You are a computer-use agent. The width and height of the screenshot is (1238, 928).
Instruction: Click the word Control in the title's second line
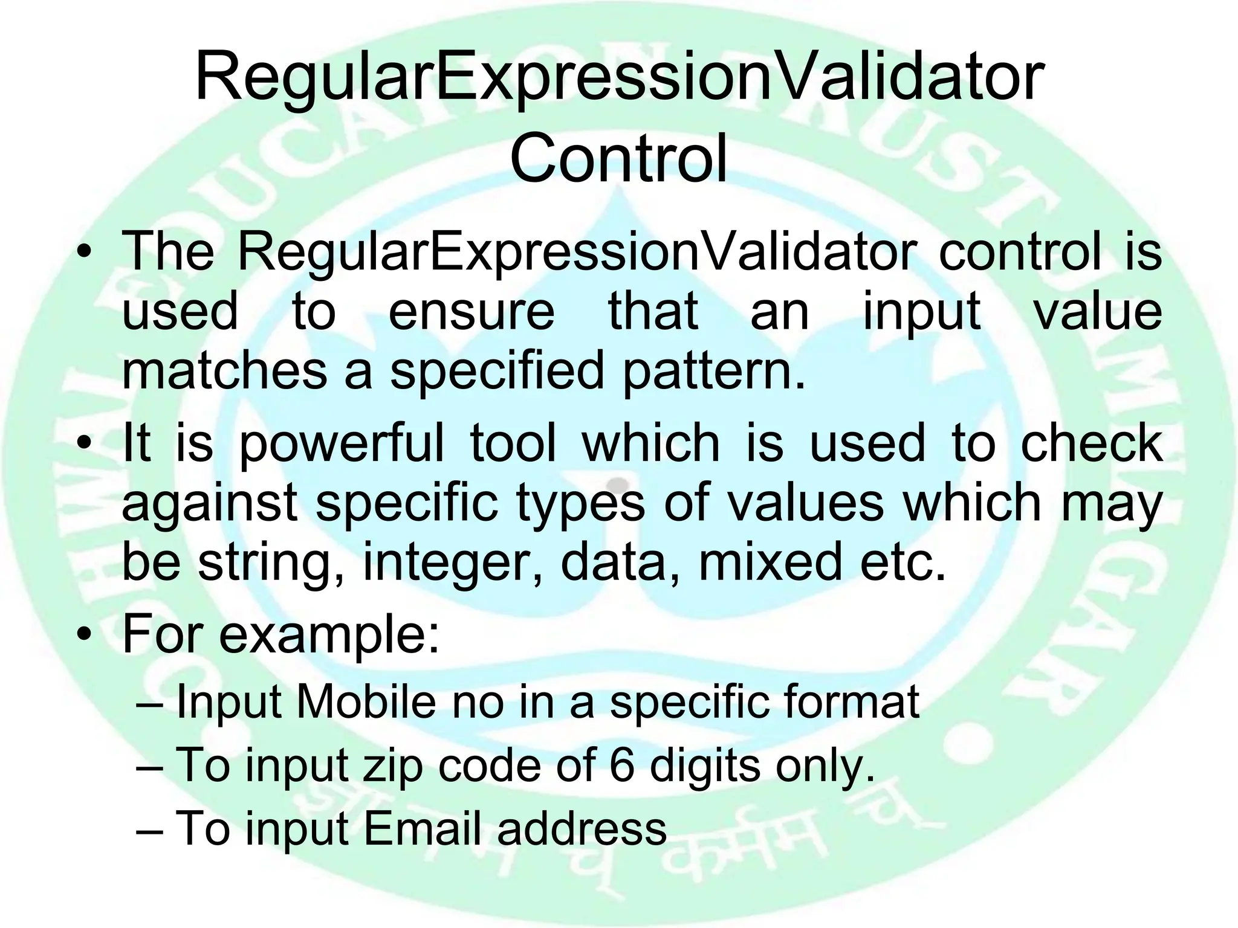[618, 158]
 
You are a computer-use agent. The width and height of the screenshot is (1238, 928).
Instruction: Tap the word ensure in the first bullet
[471, 312]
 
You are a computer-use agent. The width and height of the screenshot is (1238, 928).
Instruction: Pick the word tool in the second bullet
[513, 443]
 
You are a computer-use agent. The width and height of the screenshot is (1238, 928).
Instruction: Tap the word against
[210, 503]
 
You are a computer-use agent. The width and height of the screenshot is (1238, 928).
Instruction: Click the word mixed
[770, 562]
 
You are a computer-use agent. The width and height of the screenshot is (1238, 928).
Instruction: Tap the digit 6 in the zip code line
[622, 765]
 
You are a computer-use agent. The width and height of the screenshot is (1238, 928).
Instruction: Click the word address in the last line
[582, 828]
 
